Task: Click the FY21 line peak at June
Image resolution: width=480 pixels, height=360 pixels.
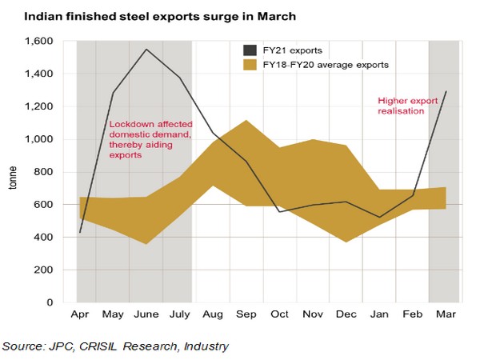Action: pyautogui.click(x=146, y=50)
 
